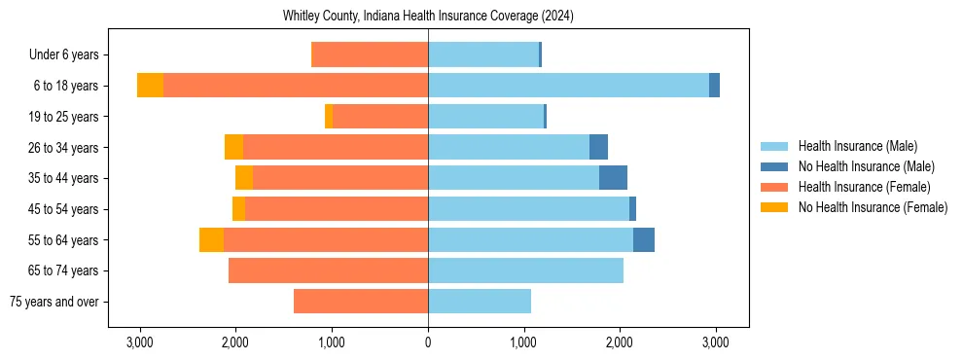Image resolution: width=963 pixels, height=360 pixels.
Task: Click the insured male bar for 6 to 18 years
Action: (x=568, y=86)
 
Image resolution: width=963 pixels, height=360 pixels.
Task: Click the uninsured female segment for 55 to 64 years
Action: (x=211, y=240)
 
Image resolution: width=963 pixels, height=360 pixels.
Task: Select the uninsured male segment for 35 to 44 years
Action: (x=613, y=178)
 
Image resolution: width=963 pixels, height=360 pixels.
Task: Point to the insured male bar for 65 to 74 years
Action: (x=525, y=270)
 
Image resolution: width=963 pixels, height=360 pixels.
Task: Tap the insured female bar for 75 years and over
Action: (x=361, y=302)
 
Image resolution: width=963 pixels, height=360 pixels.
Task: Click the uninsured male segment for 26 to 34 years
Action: (x=598, y=147)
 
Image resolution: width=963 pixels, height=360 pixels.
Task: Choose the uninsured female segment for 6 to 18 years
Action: (x=150, y=86)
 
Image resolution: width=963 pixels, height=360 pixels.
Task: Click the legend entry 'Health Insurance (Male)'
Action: (x=857, y=146)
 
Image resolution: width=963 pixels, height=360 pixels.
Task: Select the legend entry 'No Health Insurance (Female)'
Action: (x=873, y=207)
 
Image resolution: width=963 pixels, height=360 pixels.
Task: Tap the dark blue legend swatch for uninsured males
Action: (x=774, y=166)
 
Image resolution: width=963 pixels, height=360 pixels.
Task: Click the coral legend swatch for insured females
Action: (x=774, y=187)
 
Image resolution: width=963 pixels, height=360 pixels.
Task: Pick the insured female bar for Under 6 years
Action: (x=370, y=55)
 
